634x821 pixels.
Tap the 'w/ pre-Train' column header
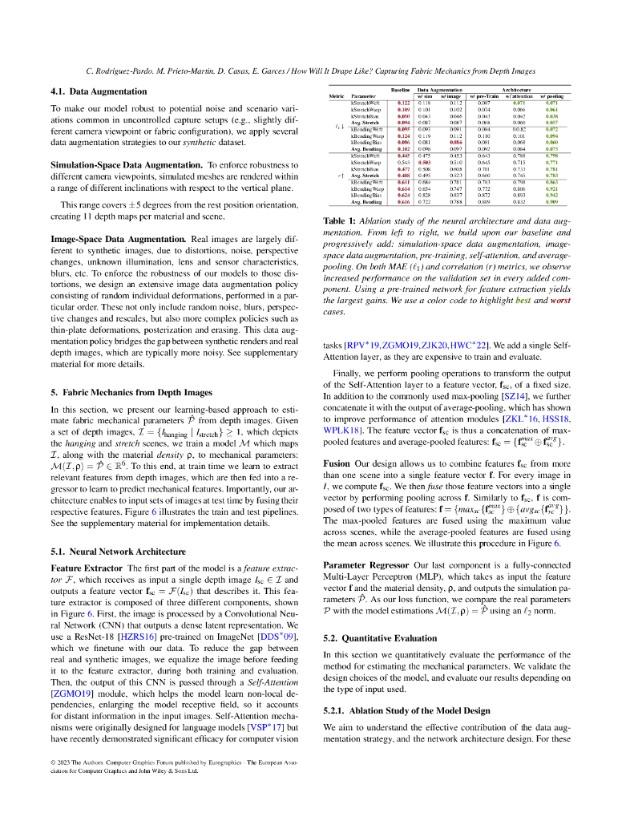point(484,97)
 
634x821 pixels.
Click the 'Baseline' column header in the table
point(402,90)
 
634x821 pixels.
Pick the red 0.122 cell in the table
point(404,103)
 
